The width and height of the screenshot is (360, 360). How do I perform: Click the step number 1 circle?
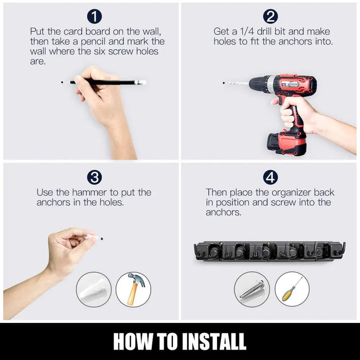point(94,16)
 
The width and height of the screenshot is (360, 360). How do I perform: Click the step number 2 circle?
point(271,16)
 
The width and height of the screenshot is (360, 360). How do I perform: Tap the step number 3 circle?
point(94,177)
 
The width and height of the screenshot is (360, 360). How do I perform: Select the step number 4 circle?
point(271,177)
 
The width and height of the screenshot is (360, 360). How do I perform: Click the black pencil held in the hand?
point(103,82)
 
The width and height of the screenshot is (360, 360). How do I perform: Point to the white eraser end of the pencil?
point(140,82)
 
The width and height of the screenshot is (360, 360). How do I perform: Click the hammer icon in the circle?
point(133,290)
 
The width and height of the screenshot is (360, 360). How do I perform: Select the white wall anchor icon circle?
point(94,290)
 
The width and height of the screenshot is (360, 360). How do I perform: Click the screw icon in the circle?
point(252,290)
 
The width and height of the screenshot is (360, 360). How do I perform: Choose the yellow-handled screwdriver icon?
point(292,290)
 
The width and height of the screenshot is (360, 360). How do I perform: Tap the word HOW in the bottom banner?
point(131,341)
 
